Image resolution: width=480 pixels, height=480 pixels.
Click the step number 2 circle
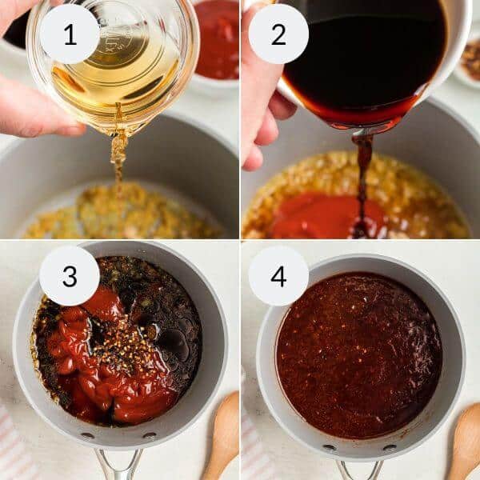(278, 34)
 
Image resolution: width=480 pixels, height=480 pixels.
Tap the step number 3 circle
(70, 276)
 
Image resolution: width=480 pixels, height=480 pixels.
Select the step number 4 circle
(278, 276)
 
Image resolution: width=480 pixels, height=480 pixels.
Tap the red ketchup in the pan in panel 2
(320, 216)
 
